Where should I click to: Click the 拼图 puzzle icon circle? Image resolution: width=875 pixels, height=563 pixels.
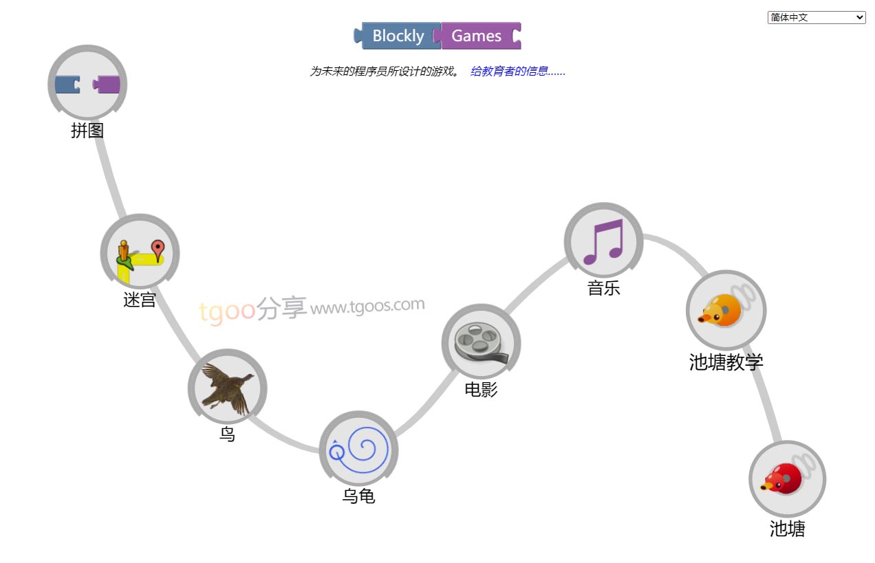tap(87, 85)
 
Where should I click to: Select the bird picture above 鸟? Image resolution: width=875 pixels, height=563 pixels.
tap(227, 388)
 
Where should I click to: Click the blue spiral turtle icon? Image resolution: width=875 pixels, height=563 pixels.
tap(358, 450)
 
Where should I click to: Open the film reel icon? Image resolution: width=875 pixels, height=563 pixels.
tap(481, 343)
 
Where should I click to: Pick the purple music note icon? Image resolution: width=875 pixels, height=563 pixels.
tap(603, 241)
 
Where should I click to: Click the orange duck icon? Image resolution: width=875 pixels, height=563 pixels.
tap(726, 310)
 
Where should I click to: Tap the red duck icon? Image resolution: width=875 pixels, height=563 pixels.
tap(787, 479)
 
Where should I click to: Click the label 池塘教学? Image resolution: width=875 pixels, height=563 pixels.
tap(726, 362)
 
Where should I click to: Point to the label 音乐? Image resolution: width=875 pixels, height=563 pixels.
tap(603, 288)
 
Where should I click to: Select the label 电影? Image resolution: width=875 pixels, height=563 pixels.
tap(481, 390)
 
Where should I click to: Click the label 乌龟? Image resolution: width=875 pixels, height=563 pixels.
tap(358, 496)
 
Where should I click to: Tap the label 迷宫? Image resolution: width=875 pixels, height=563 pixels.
tap(140, 300)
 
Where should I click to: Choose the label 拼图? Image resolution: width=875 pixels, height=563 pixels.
tap(87, 131)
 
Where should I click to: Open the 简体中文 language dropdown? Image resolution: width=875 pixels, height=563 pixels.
tap(816, 18)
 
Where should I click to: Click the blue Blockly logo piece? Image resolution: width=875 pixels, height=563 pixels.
tap(398, 36)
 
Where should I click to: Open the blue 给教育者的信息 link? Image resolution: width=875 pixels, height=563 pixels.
tap(517, 71)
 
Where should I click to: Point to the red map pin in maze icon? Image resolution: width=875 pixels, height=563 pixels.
tap(158, 249)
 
